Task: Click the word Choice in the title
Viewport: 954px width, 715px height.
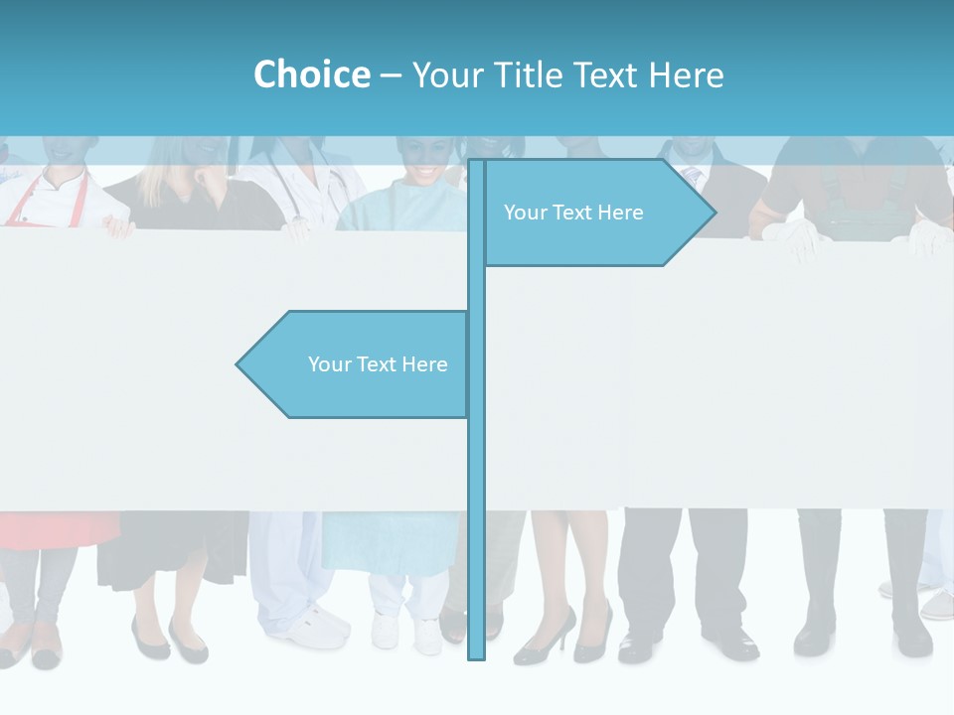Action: pyautogui.click(x=311, y=74)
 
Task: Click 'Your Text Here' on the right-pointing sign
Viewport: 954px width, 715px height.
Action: pyautogui.click(x=573, y=213)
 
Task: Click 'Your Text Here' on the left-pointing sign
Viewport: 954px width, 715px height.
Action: pyautogui.click(x=378, y=364)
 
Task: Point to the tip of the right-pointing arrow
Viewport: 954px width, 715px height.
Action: pyautogui.click(x=714, y=212)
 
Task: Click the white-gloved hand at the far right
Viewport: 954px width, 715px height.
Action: pyautogui.click(x=929, y=238)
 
